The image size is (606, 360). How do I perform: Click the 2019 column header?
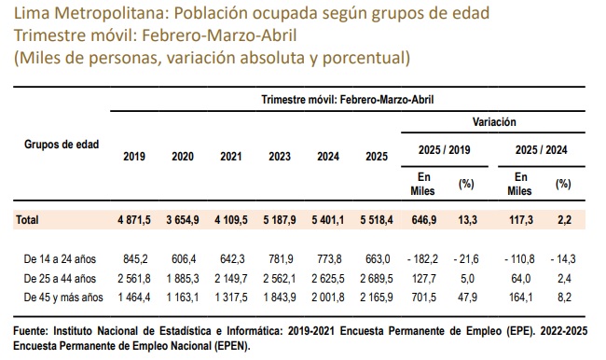[x=134, y=157]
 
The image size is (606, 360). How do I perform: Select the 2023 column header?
[x=280, y=157]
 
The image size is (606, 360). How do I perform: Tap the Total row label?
[x=27, y=220]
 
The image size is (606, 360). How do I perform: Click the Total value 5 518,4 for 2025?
[x=377, y=220]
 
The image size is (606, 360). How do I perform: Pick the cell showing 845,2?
[x=135, y=259]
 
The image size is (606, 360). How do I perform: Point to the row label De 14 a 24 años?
[x=60, y=259]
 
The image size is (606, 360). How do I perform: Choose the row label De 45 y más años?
[x=63, y=298]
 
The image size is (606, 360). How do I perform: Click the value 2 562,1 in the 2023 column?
[x=280, y=279]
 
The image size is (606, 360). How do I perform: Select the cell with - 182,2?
[x=423, y=259]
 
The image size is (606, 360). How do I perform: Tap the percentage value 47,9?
[x=467, y=298]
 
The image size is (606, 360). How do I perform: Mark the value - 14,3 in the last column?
[x=563, y=259]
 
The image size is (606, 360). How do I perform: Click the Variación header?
[x=494, y=122]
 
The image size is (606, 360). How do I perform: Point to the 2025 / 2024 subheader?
[x=541, y=150]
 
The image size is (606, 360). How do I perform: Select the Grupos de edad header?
[x=62, y=145]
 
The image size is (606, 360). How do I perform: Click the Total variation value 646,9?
[x=424, y=220]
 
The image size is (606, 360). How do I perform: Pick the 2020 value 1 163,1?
[x=183, y=298]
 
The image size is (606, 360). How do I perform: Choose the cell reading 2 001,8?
[x=328, y=298]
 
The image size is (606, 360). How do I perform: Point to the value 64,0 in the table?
[x=520, y=279]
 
